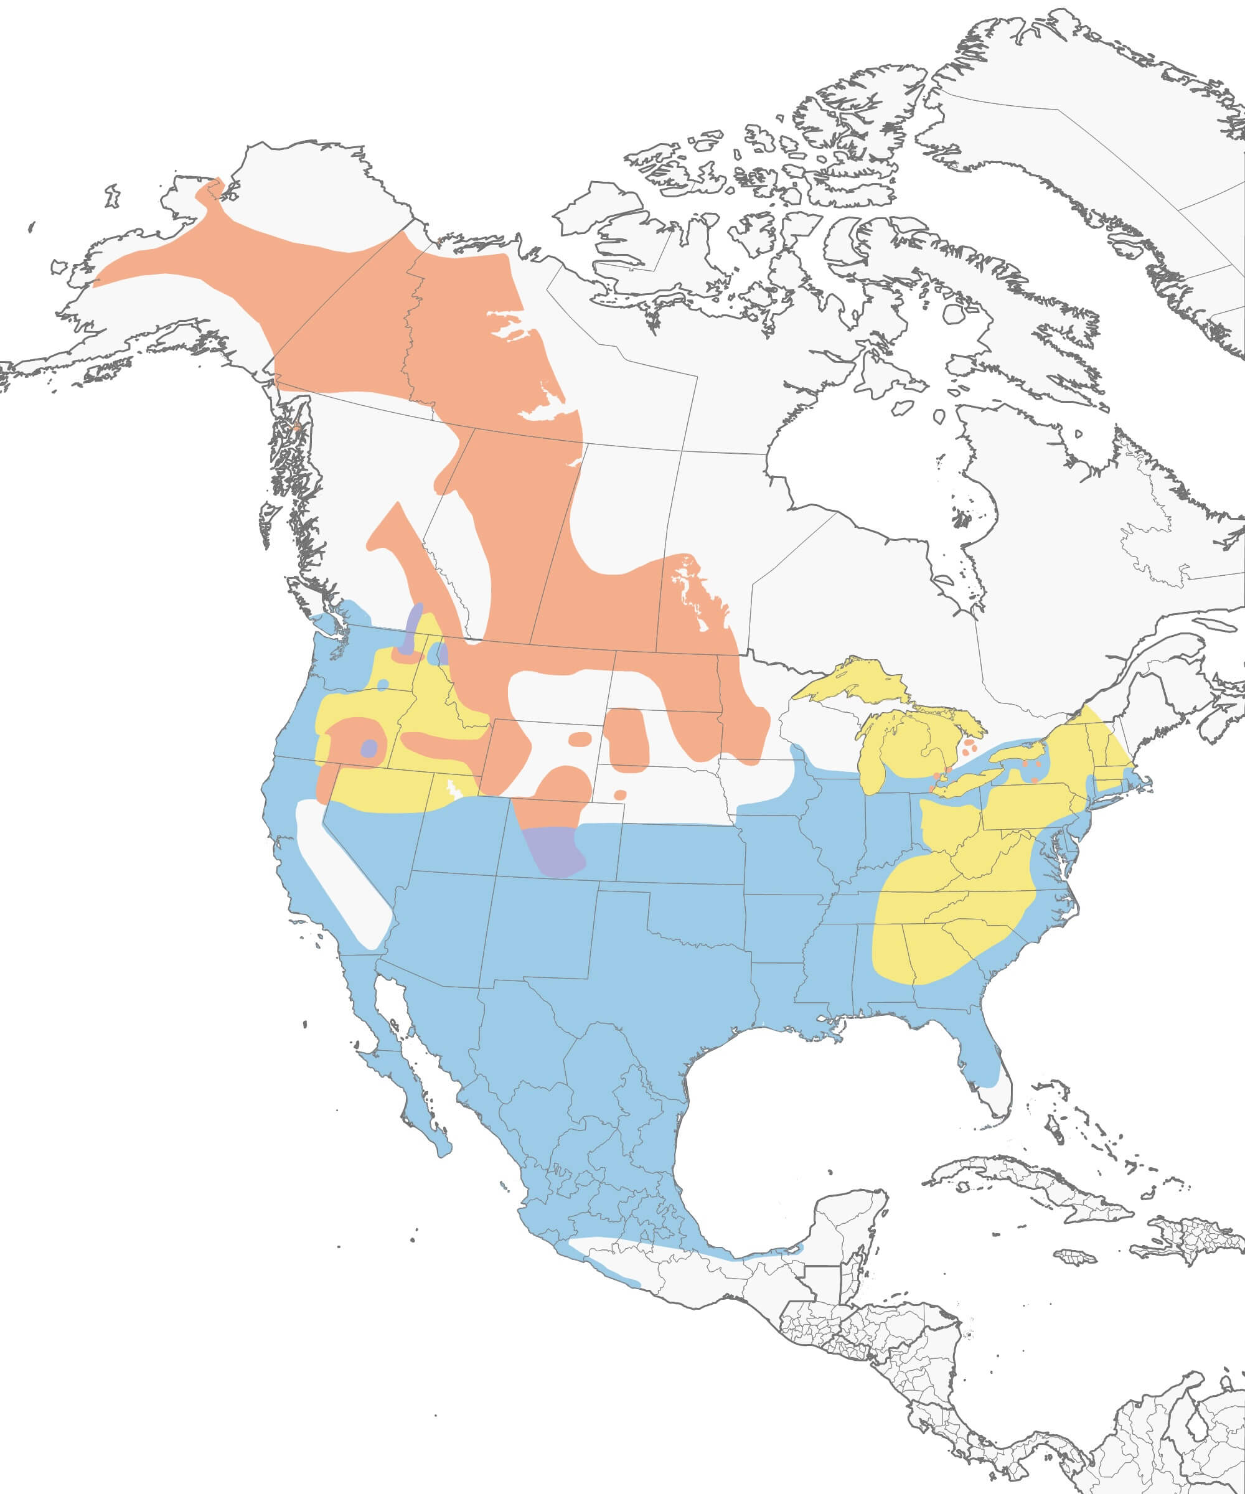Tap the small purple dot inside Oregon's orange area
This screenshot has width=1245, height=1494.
point(369,748)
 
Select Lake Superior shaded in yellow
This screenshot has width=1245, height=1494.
point(853,683)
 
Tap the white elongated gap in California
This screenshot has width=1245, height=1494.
point(342,875)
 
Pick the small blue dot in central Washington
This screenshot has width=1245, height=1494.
point(383,684)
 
